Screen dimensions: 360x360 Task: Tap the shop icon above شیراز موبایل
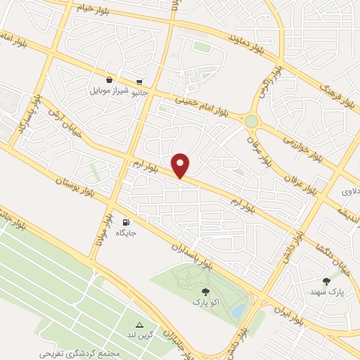110,80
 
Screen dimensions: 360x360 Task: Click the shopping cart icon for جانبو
139,81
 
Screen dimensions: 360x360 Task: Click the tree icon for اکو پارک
205,291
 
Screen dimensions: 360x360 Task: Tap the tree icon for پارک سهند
326,281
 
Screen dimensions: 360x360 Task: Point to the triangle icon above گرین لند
139,325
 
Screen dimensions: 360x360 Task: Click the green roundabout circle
251,122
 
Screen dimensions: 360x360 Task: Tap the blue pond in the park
238,309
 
